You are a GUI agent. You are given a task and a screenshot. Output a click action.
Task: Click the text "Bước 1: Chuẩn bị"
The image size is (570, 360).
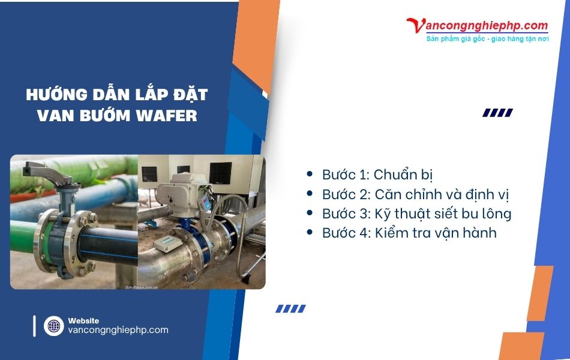point(377,175)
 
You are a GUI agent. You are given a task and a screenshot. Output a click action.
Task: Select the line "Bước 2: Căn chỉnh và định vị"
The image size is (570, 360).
point(415,194)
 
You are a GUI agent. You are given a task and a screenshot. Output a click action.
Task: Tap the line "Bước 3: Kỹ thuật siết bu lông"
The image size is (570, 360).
point(416,213)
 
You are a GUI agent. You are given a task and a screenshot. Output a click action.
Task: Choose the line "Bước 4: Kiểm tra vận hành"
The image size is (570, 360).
point(409,232)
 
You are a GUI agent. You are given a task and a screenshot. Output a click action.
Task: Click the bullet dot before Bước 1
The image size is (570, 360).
point(310,174)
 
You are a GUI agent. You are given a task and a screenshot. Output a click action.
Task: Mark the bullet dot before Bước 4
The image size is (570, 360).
point(310,232)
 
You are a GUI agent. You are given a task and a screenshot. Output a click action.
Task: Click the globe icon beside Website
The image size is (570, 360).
point(53,326)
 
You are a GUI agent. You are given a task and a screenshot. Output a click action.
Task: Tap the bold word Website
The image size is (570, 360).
point(84,320)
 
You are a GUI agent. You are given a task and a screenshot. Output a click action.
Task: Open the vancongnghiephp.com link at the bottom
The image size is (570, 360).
point(118,330)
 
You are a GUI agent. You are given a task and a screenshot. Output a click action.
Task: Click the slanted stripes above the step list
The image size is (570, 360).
point(497,112)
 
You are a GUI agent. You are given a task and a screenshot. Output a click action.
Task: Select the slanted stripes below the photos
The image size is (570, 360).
point(290,308)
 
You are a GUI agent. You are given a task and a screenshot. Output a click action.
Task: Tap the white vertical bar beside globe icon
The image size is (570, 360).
point(35,326)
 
